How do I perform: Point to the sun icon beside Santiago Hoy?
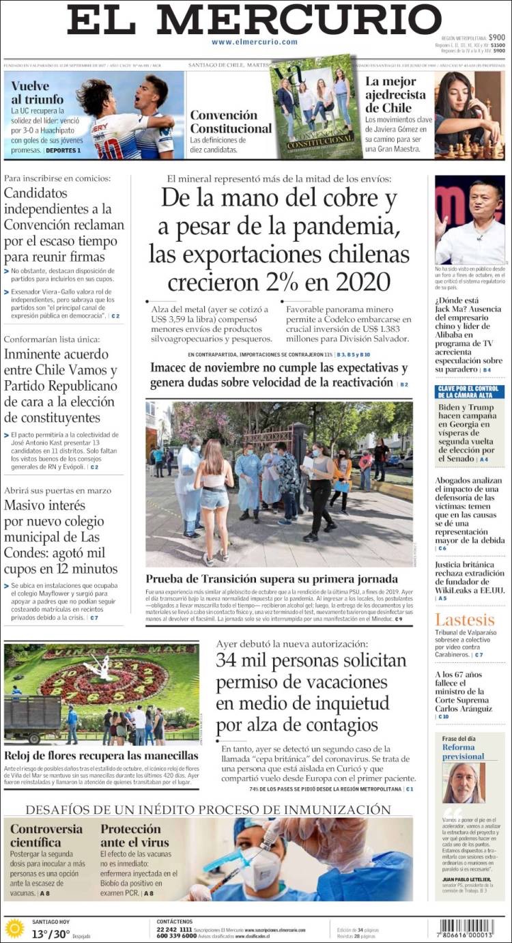(x=14, y=929)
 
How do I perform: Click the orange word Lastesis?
(x=464, y=620)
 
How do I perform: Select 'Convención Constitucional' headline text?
(x=230, y=122)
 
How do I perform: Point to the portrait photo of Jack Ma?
(x=470, y=220)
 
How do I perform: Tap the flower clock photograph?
(x=102, y=693)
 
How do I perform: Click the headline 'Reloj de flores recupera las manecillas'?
(x=101, y=756)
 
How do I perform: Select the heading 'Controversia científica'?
(x=46, y=836)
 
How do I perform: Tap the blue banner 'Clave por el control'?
(x=470, y=392)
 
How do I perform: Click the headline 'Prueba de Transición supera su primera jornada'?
(x=271, y=578)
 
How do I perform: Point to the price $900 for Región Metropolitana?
(x=496, y=38)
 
